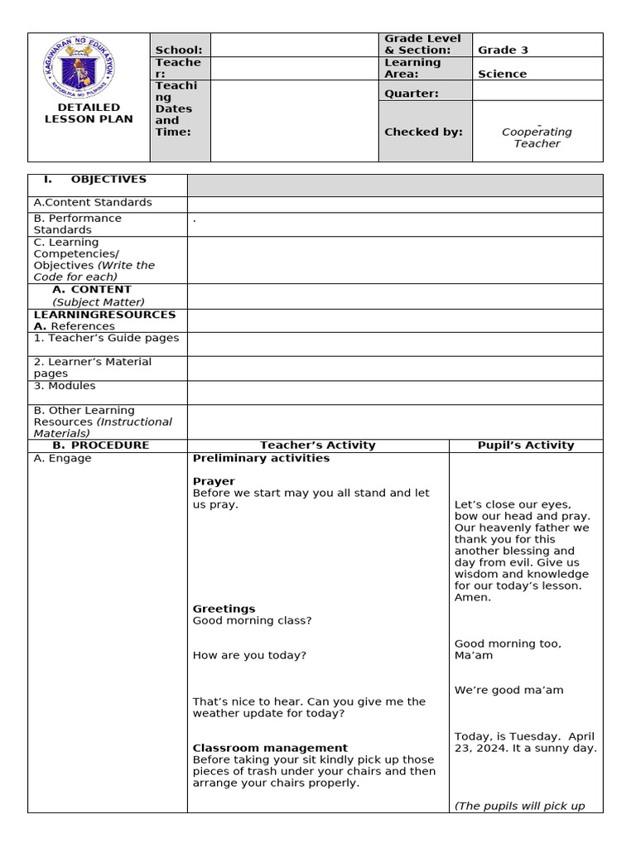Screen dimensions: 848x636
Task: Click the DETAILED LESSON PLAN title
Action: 89,113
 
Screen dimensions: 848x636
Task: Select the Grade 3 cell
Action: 503,50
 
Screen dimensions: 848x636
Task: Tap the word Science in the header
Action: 502,74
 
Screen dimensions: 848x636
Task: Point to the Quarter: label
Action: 412,94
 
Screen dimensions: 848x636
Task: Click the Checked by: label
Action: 424,132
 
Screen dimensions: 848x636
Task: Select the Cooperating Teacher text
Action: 537,137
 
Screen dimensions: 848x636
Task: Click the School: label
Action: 178,51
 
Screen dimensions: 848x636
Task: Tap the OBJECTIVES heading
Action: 108,180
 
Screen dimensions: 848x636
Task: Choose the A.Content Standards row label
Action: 93,202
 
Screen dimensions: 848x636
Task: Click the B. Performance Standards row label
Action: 77,224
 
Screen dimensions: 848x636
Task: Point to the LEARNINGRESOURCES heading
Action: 104,315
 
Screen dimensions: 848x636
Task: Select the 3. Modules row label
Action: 65,386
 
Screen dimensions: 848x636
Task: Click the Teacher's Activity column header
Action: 317,446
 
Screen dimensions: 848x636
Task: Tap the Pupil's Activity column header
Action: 526,446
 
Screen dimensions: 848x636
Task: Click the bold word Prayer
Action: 214,481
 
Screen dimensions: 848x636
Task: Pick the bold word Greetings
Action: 224,609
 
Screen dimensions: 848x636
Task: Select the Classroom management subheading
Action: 270,748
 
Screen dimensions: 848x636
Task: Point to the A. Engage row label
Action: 62,459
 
